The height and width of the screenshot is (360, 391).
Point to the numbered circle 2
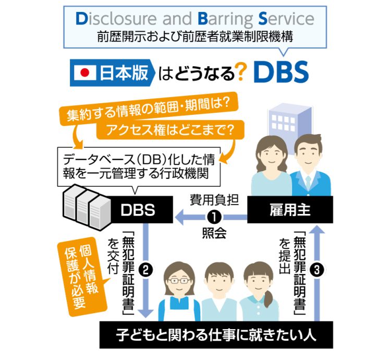(148, 270)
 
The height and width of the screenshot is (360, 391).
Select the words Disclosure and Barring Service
(195, 19)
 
